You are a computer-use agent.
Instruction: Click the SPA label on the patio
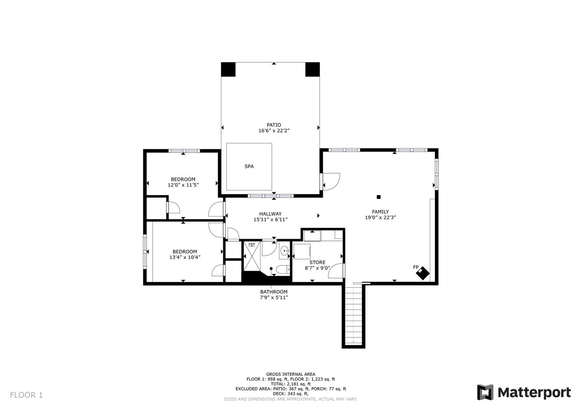click(249, 167)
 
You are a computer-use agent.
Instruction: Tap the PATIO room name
click(274, 125)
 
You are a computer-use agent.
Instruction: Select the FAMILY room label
click(380, 212)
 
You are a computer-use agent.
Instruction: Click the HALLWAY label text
click(270, 214)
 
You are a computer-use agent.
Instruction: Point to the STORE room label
click(317, 263)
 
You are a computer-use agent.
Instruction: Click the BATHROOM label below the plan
click(274, 292)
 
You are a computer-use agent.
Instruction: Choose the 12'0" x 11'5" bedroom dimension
click(183, 185)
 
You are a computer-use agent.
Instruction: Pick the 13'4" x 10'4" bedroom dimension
click(185, 257)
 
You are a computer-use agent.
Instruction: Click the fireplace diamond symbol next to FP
click(423, 273)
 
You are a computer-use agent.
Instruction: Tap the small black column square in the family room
click(379, 197)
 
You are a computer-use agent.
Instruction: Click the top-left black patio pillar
click(228, 69)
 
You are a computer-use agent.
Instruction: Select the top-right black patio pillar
click(312, 69)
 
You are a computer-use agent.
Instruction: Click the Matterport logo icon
click(485, 392)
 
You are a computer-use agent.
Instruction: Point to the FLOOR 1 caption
click(27, 395)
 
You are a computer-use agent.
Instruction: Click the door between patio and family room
click(331, 181)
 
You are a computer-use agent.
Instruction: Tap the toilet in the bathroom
click(283, 269)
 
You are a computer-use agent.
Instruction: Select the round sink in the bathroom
click(285, 251)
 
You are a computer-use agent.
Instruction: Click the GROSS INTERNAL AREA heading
click(291, 374)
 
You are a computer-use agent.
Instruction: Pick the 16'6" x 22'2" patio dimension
click(274, 131)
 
